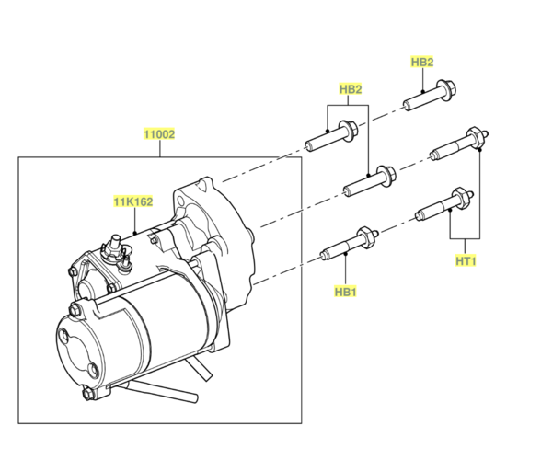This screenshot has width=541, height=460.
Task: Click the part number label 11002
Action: coord(159,134)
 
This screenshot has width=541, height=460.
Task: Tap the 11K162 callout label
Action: coord(133,201)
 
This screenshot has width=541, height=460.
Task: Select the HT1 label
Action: coord(466,261)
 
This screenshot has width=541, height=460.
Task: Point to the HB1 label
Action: coord(345,292)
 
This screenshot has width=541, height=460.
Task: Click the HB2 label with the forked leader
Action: coord(351,89)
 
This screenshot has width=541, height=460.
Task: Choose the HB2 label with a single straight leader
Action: coord(422,63)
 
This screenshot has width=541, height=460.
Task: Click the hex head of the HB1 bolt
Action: coord(366,236)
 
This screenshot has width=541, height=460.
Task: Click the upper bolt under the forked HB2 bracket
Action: coord(331,135)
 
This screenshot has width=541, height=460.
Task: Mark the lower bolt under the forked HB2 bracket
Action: coord(370,181)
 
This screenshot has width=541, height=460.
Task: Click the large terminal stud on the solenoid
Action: coord(114,246)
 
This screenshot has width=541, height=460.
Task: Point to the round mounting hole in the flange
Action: coord(181,201)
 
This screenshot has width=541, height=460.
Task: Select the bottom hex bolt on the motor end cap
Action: coord(88,394)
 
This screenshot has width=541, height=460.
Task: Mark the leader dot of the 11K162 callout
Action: coord(135,232)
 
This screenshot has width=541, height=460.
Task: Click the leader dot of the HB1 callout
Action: coord(345,254)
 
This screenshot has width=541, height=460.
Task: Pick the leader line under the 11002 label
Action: coord(160,148)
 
